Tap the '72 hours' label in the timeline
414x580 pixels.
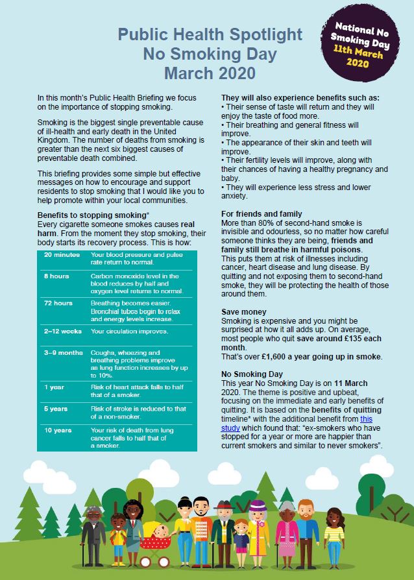coord(58,303)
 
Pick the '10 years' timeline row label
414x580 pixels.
coord(58,430)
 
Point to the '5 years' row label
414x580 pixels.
coord(56,409)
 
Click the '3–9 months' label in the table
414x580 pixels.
coord(64,353)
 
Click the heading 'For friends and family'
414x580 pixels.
coord(262,214)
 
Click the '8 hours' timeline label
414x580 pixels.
coord(56,276)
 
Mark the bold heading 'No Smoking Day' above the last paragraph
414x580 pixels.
coord(252,374)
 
